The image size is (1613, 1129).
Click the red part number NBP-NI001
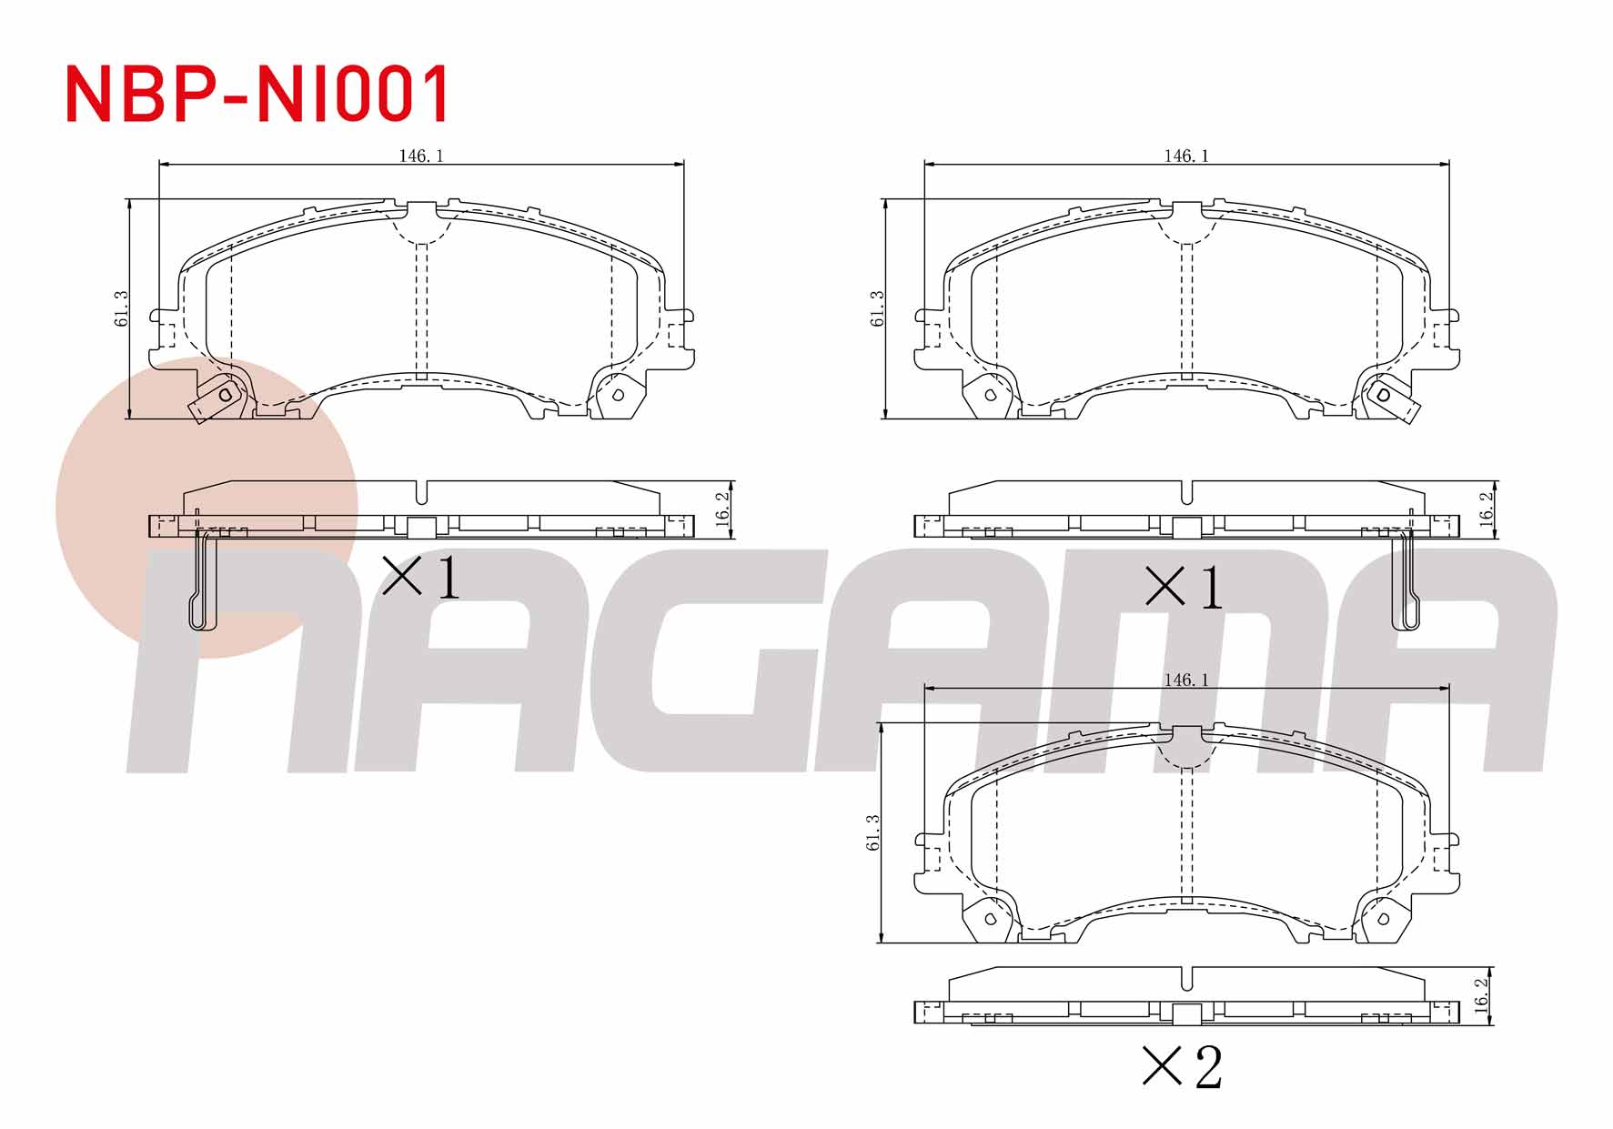(x=257, y=94)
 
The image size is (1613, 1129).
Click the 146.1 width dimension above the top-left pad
(x=421, y=156)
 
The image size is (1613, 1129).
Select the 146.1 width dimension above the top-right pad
(x=1186, y=156)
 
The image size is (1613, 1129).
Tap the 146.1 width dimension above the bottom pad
(x=1186, y=680)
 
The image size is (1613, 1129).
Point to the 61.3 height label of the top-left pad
(x=121, y=309)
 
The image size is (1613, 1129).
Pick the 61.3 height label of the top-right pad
(x=877, y=309)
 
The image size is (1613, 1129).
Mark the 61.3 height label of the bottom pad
(x=873, y=832)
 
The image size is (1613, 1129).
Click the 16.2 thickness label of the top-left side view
(x=723, y=509)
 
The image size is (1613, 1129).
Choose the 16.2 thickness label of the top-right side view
(x=1487, y=509)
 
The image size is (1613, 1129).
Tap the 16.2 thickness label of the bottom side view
(x=1482, y=995)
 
